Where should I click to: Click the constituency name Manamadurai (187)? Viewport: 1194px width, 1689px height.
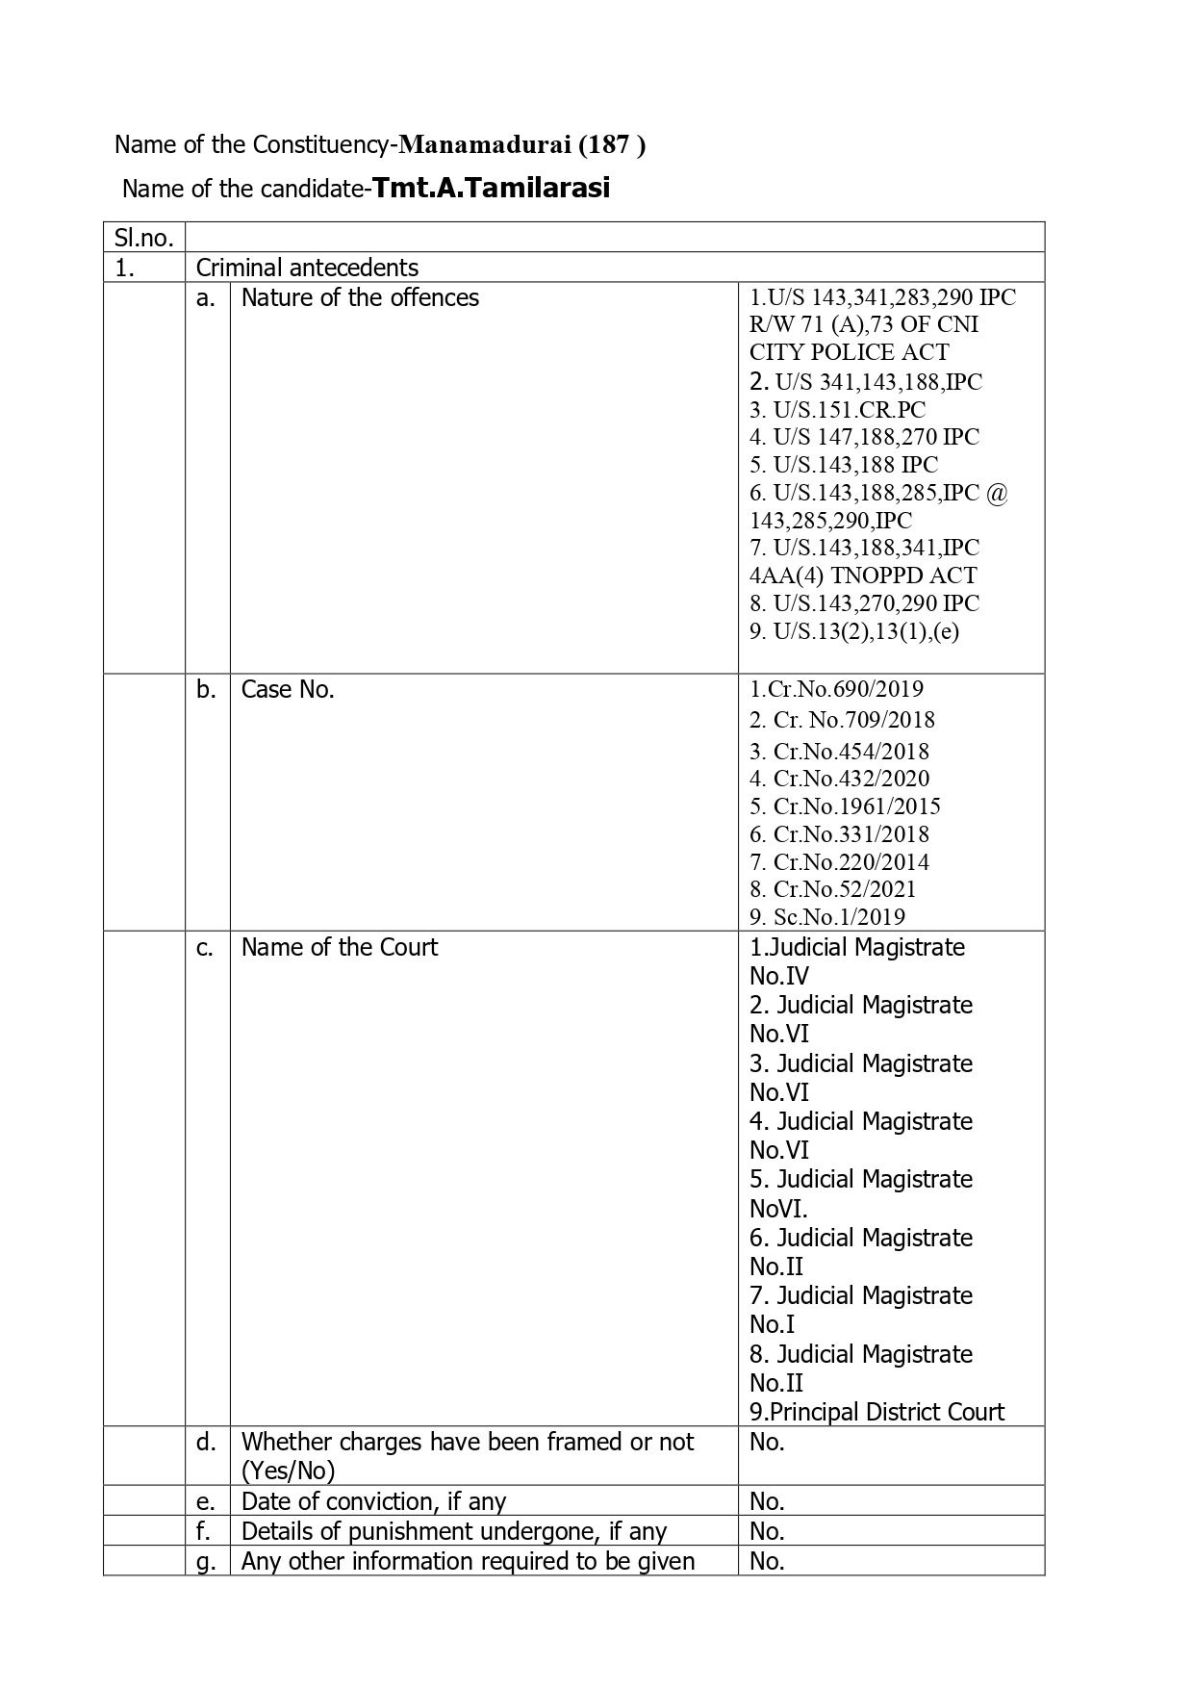[x=522, y=144]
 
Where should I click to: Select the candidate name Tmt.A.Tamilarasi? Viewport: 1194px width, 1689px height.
[x=491, y=188]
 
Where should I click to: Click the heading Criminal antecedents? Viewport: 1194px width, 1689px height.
[x=307, y=268]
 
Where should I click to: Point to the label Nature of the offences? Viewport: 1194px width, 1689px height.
[x=360, y=297]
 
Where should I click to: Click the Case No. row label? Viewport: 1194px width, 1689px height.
[x=288, y=689]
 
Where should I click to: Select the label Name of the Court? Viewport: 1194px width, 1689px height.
[x=339, y=947]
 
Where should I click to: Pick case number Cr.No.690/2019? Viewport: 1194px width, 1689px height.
[x=837, y=689]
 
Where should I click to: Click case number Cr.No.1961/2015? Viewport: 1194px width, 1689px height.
[x=846, y=806]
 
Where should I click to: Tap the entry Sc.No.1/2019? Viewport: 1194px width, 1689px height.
[x=828, y=917]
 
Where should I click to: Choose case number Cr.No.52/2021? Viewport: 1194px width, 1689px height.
[x=833, y=889]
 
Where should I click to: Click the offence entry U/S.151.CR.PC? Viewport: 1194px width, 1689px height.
[x=838, y=409]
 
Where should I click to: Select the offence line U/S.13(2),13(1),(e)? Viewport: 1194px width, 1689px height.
[x=854, y=631]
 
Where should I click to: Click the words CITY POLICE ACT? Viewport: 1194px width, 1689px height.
[x=849, y=352]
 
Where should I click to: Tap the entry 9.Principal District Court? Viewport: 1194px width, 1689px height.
[x=876, y=1412]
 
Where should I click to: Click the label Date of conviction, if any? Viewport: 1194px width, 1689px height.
[x=373, y=1501]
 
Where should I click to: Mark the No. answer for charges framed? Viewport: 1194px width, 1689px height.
[x=767, y=1442]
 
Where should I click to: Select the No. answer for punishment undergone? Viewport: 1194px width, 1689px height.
[x=767, y=1531]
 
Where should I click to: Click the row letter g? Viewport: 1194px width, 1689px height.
[x=205, y=1561]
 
